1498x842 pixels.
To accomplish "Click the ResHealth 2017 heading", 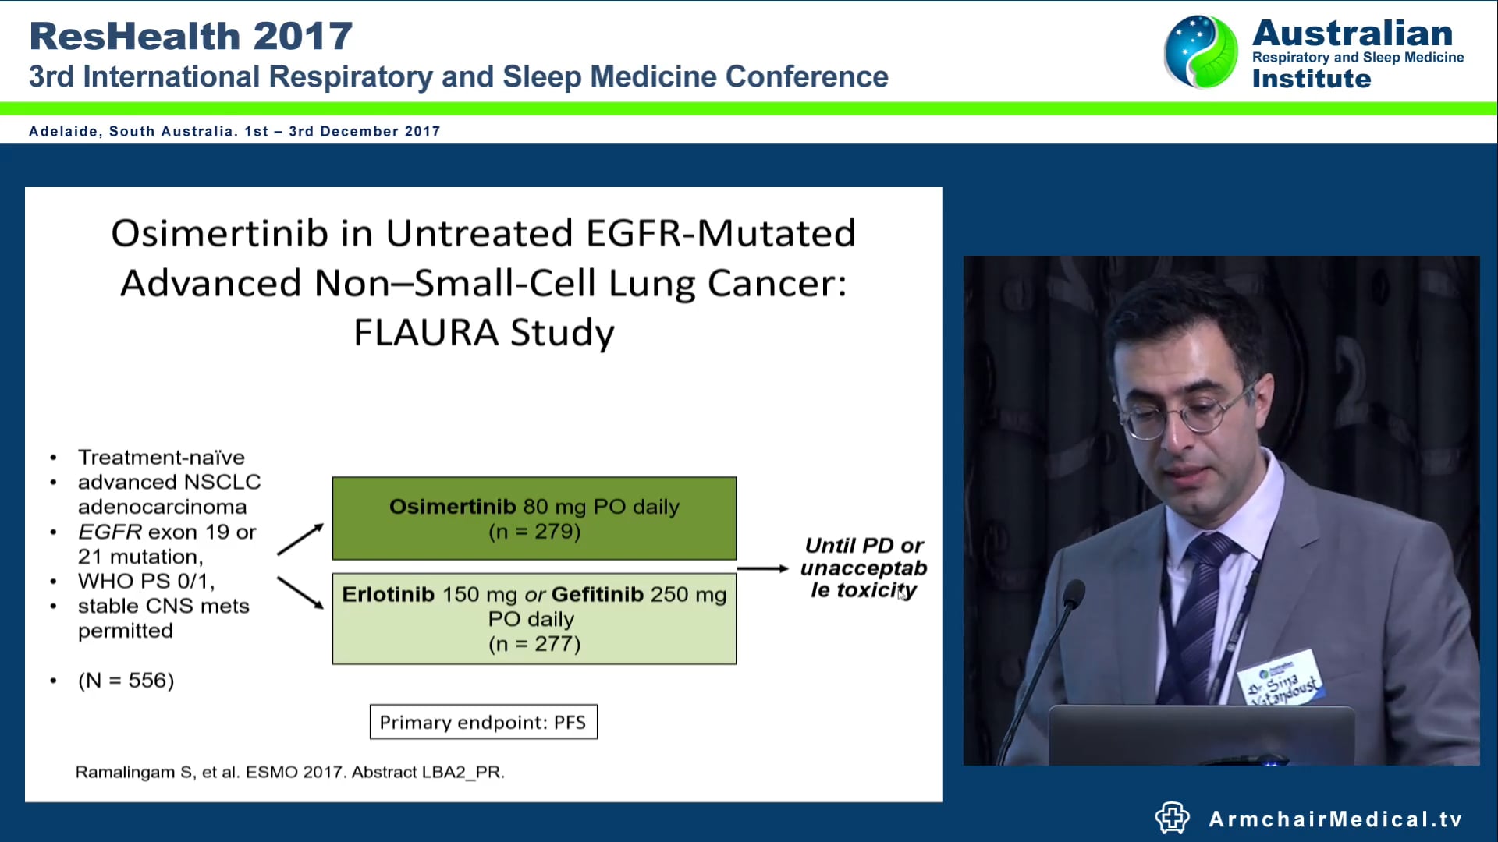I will tap(190, 37).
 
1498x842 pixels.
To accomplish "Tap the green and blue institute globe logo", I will tap(1200, 51).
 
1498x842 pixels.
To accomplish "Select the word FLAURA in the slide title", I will tap(426, 333).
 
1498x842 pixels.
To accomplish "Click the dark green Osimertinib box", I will tap(534, 518).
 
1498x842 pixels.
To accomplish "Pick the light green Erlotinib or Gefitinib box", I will tap(534, 619).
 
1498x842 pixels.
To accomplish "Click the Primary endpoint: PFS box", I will tap(483, 723).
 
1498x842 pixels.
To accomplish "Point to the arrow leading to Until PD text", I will tap(762, 568).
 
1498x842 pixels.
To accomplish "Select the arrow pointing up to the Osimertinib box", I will tap(300, 539).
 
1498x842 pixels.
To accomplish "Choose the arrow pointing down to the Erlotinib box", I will tap(300, 593).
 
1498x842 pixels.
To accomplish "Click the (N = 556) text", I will tap(126, 681).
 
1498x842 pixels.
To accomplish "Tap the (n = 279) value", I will tap(534, 532).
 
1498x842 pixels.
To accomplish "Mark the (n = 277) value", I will tap(534, 644).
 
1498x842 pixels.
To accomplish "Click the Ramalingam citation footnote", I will tap(289, 772).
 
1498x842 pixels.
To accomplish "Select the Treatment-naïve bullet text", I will tap(161, 457).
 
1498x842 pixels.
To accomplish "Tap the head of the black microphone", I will tap(1074, 594).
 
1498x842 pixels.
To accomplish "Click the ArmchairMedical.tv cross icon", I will tap(1172, 818).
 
